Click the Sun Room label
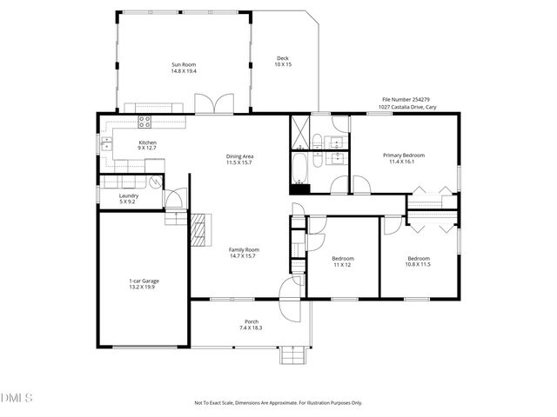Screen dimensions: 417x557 184,67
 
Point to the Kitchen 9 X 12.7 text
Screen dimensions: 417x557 148,146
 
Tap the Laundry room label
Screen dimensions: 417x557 129,198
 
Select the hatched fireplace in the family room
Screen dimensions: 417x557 201,230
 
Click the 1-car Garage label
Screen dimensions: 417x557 144,284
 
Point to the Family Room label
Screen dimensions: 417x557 244,253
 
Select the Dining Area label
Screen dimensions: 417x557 238,160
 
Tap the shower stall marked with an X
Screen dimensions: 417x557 300,132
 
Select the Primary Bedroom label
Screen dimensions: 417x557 404,158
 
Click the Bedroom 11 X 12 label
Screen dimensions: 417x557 341,261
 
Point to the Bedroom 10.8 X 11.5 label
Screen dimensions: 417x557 419,261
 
